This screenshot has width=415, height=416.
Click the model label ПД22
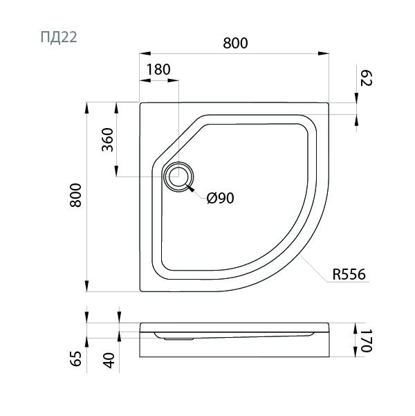[59, 37]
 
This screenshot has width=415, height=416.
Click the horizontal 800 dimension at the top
[235, 43]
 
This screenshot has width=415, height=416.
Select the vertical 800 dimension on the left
[75, 195]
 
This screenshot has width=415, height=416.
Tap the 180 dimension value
[158, 69]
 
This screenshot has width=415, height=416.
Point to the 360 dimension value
[108, 140]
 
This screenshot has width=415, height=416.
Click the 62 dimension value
[367, 78]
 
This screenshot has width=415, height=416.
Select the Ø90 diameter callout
[221, 198]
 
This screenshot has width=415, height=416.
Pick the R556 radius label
[349, 274]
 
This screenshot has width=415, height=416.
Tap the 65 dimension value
[76, 359]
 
